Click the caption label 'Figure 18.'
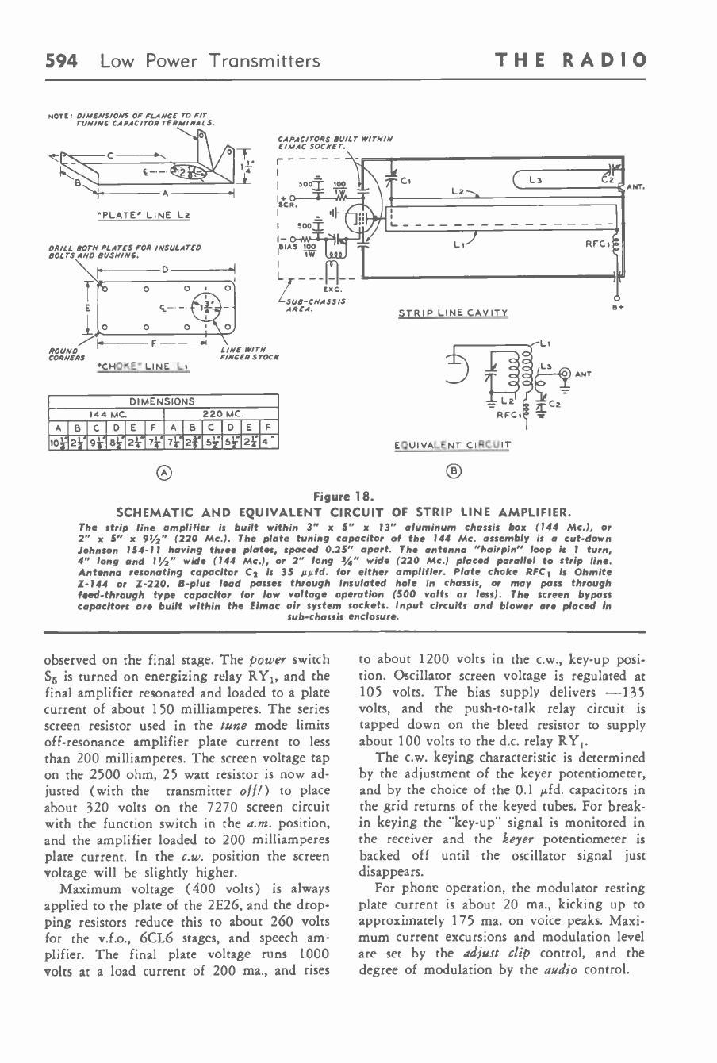[x=358, y=496]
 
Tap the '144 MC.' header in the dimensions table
[x=105, y=413]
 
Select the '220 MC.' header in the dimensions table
[x=221, y=413]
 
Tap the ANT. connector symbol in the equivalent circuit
[x=566, y=373]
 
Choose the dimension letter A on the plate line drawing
[x=165, y=193]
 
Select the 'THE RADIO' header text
[x=571, y=60]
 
